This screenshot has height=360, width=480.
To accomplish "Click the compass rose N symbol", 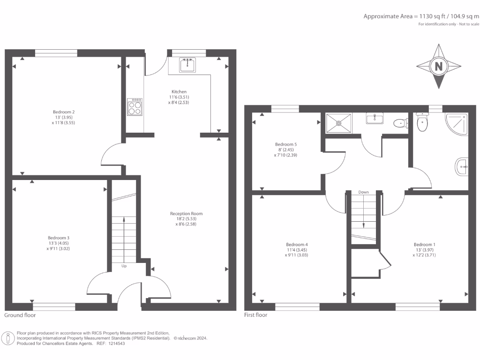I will pos(439,67).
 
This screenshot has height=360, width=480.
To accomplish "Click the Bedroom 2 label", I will pos(64,112).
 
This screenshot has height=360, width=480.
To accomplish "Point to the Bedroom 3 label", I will pos(59,238).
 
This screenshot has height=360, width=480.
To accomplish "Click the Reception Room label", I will pos(186,214).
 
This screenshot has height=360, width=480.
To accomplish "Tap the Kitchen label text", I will pos(179,92).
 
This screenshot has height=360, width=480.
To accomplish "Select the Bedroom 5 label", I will pos(285,144).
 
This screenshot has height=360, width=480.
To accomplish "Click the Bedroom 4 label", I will pos(297,245).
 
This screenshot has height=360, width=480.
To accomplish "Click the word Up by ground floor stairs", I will pos(124,266).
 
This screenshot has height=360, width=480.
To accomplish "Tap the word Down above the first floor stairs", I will pos(363,192).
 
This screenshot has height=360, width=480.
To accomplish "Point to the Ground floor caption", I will pos(20,315).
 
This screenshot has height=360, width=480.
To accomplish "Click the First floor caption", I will pos(256,315).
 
